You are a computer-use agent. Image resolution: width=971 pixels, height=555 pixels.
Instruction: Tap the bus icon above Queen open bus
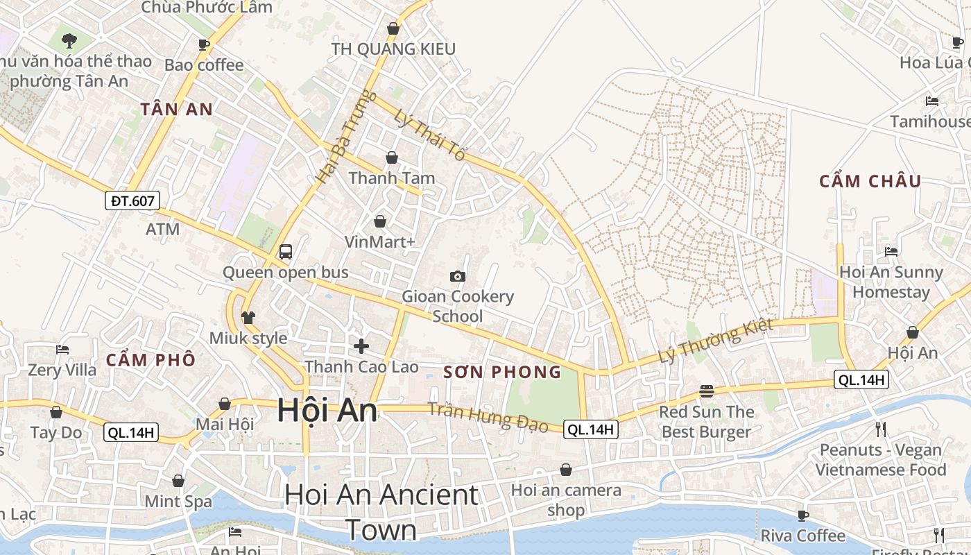pyautogui.click(x=285, y=252)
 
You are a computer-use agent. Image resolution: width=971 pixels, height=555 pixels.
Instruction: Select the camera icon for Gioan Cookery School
pyautogui.click(x=457, y=276)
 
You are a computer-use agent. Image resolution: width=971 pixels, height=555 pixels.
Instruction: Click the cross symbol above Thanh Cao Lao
pyautogui.click(x=361, y=345)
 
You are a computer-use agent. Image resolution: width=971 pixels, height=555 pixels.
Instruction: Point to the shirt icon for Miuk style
pyautogui.click(x=248, y=318)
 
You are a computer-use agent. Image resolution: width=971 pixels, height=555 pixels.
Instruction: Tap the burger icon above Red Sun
pyautogui.click(x=706, y=391)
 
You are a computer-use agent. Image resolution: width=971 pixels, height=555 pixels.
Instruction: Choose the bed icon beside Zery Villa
pyautogui.click(x=62, y=349)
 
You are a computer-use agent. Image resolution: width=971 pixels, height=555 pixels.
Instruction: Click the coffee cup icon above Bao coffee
pyautogui.click(x=204, y=45)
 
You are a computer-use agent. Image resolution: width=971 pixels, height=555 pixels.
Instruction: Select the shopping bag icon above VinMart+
pyautogui.click(x=380, y=221)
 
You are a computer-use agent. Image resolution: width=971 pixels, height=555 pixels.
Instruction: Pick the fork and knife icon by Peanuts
pyautogui.click(x=881, y=429)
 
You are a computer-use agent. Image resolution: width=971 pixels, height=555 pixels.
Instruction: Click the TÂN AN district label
pyautogui.click(x=177, y=109)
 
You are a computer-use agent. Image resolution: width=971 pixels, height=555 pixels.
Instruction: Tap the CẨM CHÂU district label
pyautogui.click(x=870, y=182)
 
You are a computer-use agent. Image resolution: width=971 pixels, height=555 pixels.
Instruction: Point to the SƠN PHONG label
pyautogui.click(x=502, y=372)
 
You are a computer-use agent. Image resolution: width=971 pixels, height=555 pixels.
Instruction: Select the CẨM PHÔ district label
pyautogui.click(x=151, y=360)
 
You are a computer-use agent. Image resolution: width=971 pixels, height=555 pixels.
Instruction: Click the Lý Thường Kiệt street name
pyautogui.click(x=714, y=341)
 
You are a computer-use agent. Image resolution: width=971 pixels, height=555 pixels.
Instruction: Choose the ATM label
pyautogui.click(x=163, y=229)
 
